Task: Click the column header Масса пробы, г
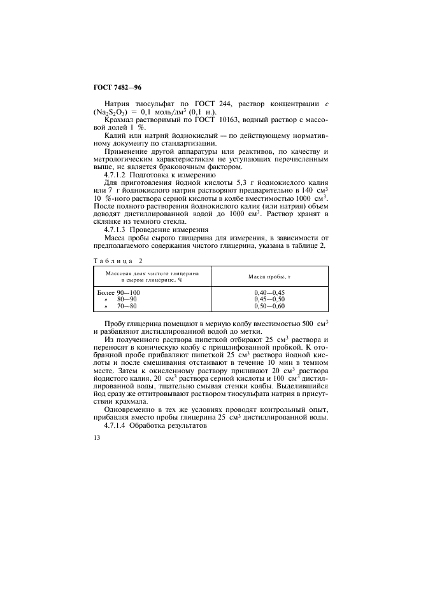(x=269, y=277)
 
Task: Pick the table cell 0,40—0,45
(x=269, y=292)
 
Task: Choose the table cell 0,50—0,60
(x=269, y=306)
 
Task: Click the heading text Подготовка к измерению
(x=178, y=174)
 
